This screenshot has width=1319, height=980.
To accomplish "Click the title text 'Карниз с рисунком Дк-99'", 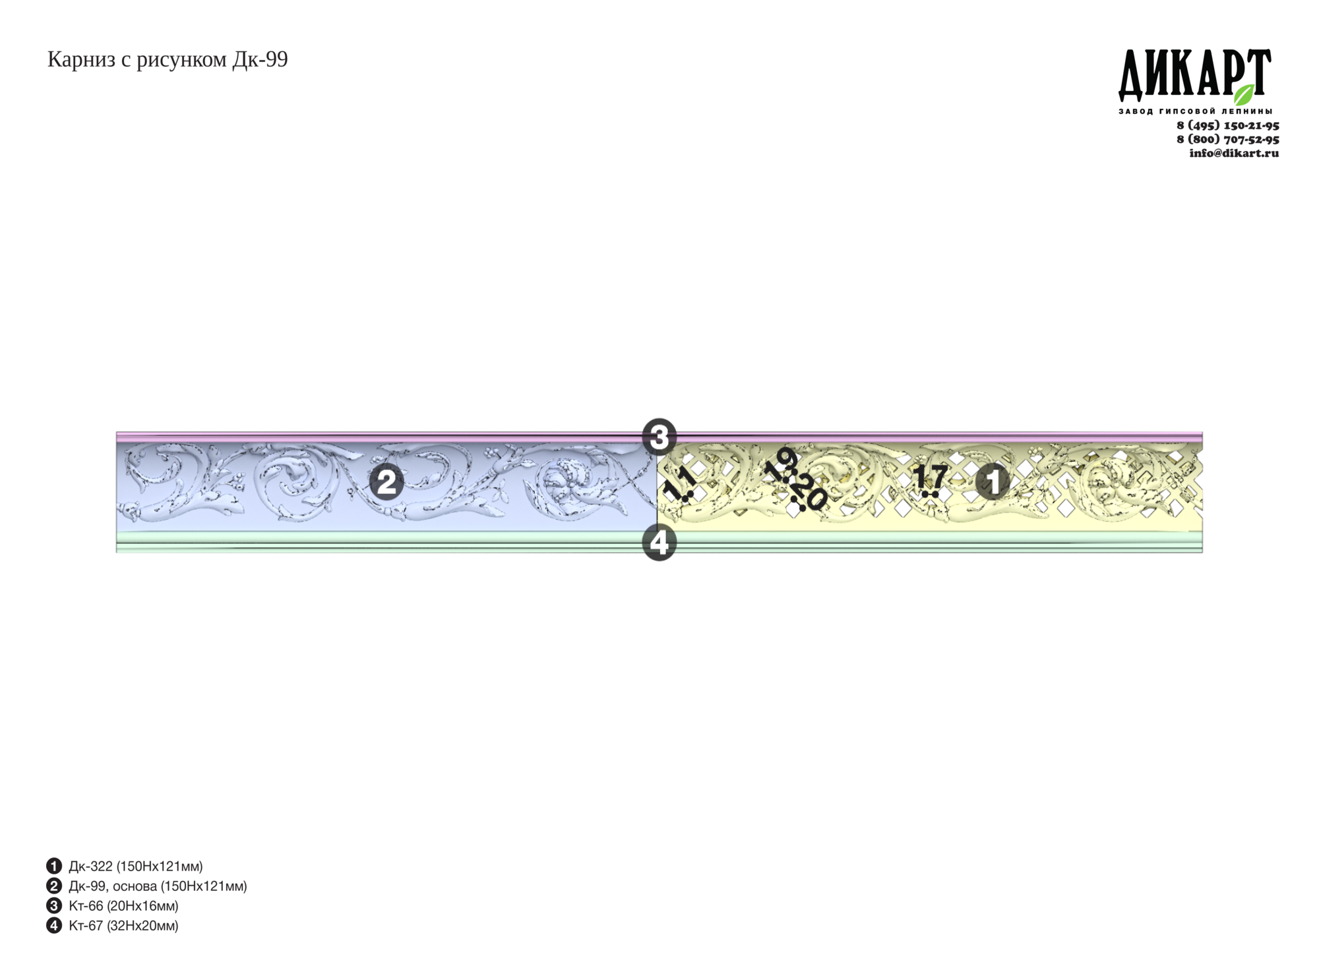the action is pos(168,60).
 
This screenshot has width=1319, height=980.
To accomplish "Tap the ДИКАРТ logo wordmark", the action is pos(1194,75).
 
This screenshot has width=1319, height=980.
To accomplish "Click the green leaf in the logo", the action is pos(1244,94).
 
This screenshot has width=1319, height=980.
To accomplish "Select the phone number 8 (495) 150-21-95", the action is pos(1228,125).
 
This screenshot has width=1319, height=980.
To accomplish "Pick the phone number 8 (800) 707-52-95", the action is pos(1228,139).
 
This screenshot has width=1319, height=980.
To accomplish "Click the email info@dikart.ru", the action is pos(1234,153).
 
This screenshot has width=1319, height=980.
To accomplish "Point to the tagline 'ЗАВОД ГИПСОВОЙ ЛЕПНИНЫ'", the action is pos(1195,111).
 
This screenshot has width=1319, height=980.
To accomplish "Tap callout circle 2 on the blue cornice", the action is pos(386,482).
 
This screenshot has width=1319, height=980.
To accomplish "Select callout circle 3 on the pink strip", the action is pos(659,436).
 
